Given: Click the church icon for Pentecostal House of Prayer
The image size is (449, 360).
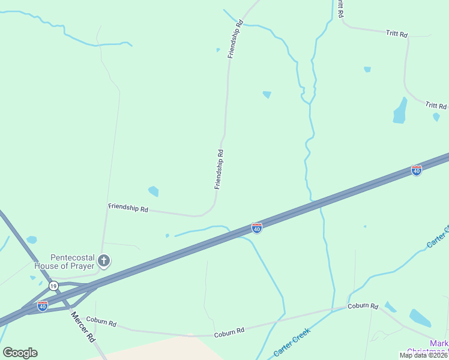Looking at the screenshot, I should point(104,260).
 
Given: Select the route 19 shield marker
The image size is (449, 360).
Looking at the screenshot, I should point(53,286).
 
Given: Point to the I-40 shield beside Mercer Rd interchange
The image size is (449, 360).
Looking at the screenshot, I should point(42,306).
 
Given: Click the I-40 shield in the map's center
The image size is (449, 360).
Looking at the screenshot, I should point(256,228).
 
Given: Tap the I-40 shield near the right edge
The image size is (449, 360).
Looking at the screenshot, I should point(416,170).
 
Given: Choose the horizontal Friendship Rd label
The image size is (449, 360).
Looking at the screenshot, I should point(128,208).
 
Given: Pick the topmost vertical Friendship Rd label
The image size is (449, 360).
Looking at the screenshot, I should point(235,39).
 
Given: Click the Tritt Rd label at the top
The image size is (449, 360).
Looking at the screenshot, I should point(397,34).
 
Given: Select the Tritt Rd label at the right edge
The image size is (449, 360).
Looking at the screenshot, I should point(436,106).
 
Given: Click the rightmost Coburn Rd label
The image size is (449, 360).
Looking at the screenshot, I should point(363,306).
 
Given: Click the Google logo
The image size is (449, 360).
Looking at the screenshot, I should point(20,353).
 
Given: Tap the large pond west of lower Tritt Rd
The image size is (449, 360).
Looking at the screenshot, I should point(400,111).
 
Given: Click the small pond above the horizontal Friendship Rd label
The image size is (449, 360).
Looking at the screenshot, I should point(154,191).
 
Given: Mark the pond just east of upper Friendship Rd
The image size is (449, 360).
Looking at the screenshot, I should point(267,94).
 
